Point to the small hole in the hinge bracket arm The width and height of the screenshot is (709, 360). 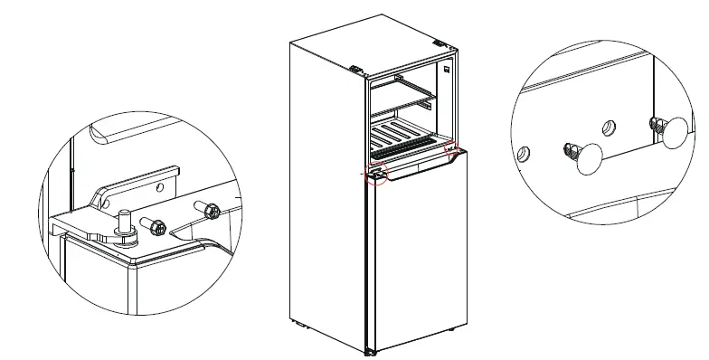[x=159, y=188]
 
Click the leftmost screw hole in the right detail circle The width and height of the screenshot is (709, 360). [x=523, y=154]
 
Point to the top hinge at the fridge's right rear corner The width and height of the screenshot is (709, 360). [x=440, y=43]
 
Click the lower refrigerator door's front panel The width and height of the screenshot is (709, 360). [x=421, y=253]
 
